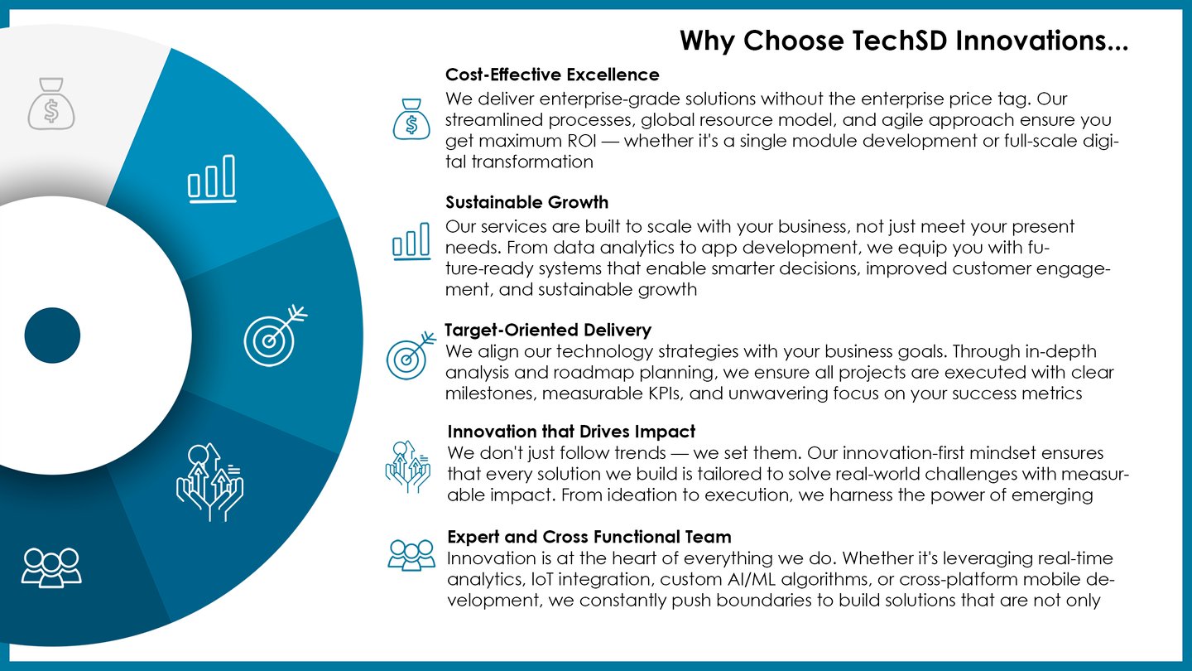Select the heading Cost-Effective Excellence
click(x=552, y=75)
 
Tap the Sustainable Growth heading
click(x=526, y=202)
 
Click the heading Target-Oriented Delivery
click(x=548, y=331)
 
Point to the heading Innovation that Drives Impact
click(x=571, y=432)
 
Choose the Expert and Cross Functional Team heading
click(x=589, y=537)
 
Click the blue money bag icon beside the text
click(x=411, y=119)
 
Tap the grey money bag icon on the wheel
click(x=51, y=104)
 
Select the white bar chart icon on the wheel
click(x=212, y=179)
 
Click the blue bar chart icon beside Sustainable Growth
click(x=411, y=241)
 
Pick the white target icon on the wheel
click(x=275, y=335)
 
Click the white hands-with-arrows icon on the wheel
click(x=209, y=482)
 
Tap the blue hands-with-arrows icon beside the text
click(x=407, y=466)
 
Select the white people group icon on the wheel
click(x=51, y=567)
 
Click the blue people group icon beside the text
click(x=411, y=555)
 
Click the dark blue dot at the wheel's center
click(x=52, y=335)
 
